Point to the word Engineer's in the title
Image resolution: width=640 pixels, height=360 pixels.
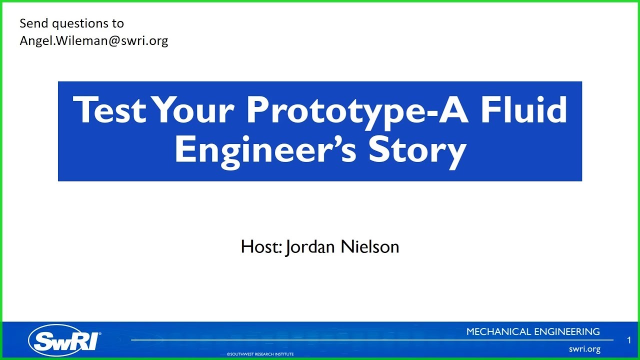click(x=265, y=149)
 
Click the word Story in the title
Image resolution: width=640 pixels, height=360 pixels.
click(x=417, y=150)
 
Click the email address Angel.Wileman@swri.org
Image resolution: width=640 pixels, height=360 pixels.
click(x=94, y=40)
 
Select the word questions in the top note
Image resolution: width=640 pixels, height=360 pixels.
click(x=79, y=24)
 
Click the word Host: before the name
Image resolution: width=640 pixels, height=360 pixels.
click(x=261, y=247)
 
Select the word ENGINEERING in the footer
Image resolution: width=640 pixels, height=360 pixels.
click(x=567, y=331)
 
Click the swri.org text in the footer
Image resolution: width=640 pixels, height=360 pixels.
click(x=584, y=349)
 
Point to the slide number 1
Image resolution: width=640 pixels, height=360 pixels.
click(x=628, y=340)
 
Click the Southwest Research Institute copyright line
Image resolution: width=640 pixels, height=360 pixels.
click(x=260, y=354)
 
